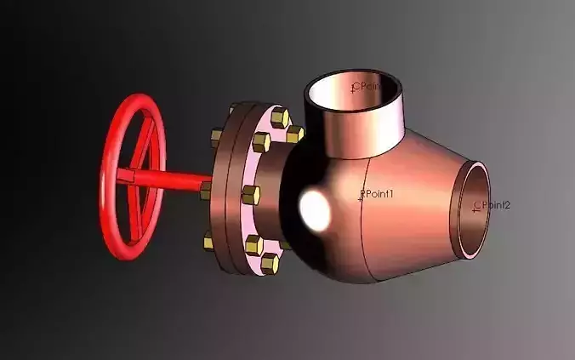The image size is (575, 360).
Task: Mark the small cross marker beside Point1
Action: point(362,197)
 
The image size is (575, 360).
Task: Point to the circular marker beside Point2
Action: point(476,205)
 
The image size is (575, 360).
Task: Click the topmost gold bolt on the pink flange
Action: point(279,117)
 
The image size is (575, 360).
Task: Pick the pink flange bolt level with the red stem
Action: point(250,195)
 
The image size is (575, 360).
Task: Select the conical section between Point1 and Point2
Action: point(417,204)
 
